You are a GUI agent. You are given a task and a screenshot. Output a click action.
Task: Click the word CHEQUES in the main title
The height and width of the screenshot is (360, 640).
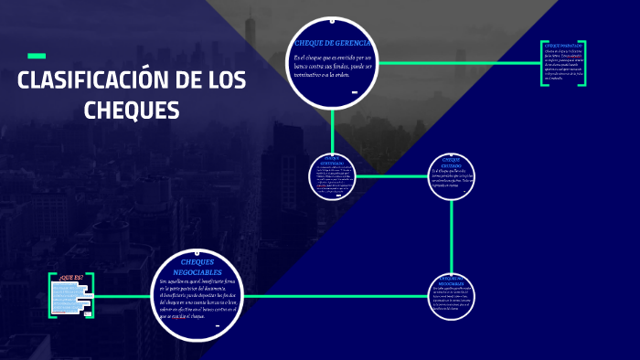132,110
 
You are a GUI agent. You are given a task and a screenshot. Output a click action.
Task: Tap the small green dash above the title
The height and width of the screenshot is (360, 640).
37,55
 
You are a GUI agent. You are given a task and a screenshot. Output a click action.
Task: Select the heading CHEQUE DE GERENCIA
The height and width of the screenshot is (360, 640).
330,44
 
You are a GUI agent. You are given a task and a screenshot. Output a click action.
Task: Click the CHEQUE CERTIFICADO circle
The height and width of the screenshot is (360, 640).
332,176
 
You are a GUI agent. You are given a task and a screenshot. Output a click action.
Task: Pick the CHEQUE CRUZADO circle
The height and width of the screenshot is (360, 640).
452,176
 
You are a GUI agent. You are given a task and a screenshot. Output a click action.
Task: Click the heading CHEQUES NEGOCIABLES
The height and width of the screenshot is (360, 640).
197,267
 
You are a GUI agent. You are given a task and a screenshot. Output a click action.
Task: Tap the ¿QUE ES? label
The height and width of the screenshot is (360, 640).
70,276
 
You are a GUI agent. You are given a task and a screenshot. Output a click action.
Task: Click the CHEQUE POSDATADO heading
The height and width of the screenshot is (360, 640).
562,45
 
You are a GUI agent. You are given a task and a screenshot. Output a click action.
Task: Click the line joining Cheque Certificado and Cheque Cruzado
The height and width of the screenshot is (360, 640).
391,176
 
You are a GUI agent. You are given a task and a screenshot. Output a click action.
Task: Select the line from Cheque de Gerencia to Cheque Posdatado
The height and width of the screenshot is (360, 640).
457,63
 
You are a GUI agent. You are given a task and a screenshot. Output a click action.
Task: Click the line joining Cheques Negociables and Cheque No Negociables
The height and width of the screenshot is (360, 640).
338,296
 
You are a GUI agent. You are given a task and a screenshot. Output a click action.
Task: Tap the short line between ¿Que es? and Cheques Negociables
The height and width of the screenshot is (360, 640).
123,296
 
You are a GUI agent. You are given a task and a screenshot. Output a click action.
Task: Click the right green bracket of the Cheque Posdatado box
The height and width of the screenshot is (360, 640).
583,64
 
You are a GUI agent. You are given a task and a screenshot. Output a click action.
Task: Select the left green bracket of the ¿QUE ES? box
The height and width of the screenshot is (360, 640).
50,295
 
